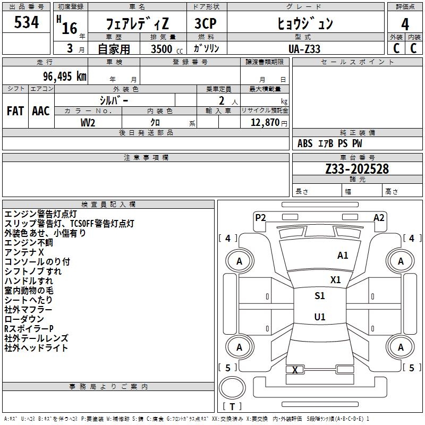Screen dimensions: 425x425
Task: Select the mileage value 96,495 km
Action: [61, 76]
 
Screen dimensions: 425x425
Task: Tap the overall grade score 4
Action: [405, 24]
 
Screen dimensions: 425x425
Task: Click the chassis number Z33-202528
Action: [357, 169]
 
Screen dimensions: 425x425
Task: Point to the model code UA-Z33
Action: [304, 48]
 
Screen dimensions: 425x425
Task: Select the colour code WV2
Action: [88, 122]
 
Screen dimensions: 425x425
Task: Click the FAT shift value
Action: [15, 111]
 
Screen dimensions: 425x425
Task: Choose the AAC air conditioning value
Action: [41, 111]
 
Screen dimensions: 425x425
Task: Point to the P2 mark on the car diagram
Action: [260, 217]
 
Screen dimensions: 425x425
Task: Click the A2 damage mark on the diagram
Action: [379, 217]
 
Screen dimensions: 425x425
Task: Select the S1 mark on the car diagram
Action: [320, 296]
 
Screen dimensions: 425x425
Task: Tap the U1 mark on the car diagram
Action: [320, 317]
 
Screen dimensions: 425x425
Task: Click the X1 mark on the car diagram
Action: [336, 279]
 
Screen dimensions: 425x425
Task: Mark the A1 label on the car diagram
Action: [343, 256]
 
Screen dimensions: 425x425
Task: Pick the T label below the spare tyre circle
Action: [232, 406]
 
